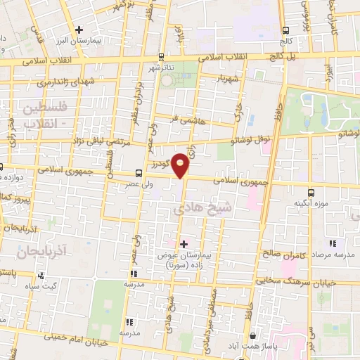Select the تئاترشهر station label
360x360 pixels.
(161, 67)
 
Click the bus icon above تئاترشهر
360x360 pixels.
(161, 57)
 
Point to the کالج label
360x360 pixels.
(286, 41)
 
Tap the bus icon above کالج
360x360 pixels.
(286, 30)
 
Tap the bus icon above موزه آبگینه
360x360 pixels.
(311, 192)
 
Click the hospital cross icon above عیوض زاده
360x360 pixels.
(184, 245)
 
